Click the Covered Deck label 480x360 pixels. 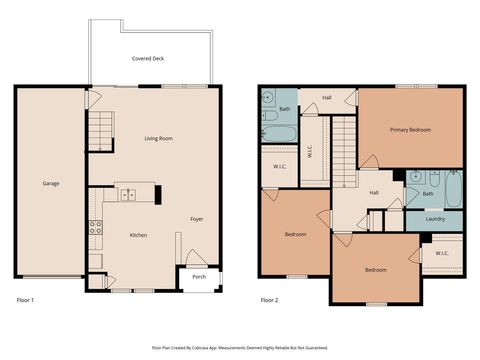pyautogui.click(x=148, y=59)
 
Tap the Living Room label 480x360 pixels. pyautogui.click(x=158, y=139)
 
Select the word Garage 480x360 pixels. pyautogui.click(x=50, y=183)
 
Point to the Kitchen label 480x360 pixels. pyautogui.click(x=138, y=235)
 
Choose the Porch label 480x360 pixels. pyautogui.click(x=199, y=277)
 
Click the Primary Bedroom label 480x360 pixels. pyautogui.click(x=410, y=129)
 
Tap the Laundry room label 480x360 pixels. pyautogui.click(x=434, y=219)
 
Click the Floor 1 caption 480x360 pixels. pyautogui.click(x=26, y=300)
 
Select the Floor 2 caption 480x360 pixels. pyautogui.click(x=269, y=300)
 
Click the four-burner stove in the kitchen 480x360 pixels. pyautogui.click(x=96, y=226)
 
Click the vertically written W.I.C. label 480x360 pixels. pyautogui.click(x=311, y=152)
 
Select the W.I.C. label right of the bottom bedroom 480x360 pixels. pyautogui.click(x=441, y=254)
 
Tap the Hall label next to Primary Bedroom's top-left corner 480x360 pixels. pyautogui.click(x=327, y=98)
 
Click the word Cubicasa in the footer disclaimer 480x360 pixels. pyautogui.click(x=214, y=348)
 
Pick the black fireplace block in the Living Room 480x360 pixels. pyautogui.click(x=158, y=191)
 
